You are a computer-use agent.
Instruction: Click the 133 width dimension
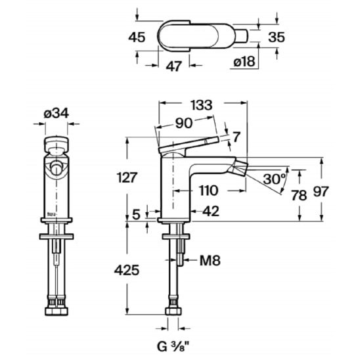tap(202, 105)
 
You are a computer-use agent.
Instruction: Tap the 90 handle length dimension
tap(184, 124)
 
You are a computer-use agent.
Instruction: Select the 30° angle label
tap(275, 179)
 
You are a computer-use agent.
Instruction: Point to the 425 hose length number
tap(127, 270)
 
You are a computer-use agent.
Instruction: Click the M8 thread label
tap(210, 261)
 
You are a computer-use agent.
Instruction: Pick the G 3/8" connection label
tap(173, 348)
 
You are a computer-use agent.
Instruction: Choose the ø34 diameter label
tap(56, 114)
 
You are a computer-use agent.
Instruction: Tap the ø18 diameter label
tap(244, 62)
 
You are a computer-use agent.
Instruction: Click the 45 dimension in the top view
tap(137, 37)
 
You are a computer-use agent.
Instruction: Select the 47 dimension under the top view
tap(174, 66)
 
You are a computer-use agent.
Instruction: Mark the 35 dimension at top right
tap(277, 37)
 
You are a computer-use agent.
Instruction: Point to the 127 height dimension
tap(127, 177)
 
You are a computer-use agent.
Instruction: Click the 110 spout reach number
tap(208, 191)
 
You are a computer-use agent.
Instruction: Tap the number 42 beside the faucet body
tap(211, 212)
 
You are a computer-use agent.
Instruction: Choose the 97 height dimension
tap(321, 191)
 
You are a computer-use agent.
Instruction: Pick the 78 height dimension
tap(299, 195)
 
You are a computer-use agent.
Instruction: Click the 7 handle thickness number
tap(236, 137)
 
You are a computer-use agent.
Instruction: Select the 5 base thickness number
tap(136, 215)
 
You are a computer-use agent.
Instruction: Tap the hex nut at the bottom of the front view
tap(56, 311)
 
